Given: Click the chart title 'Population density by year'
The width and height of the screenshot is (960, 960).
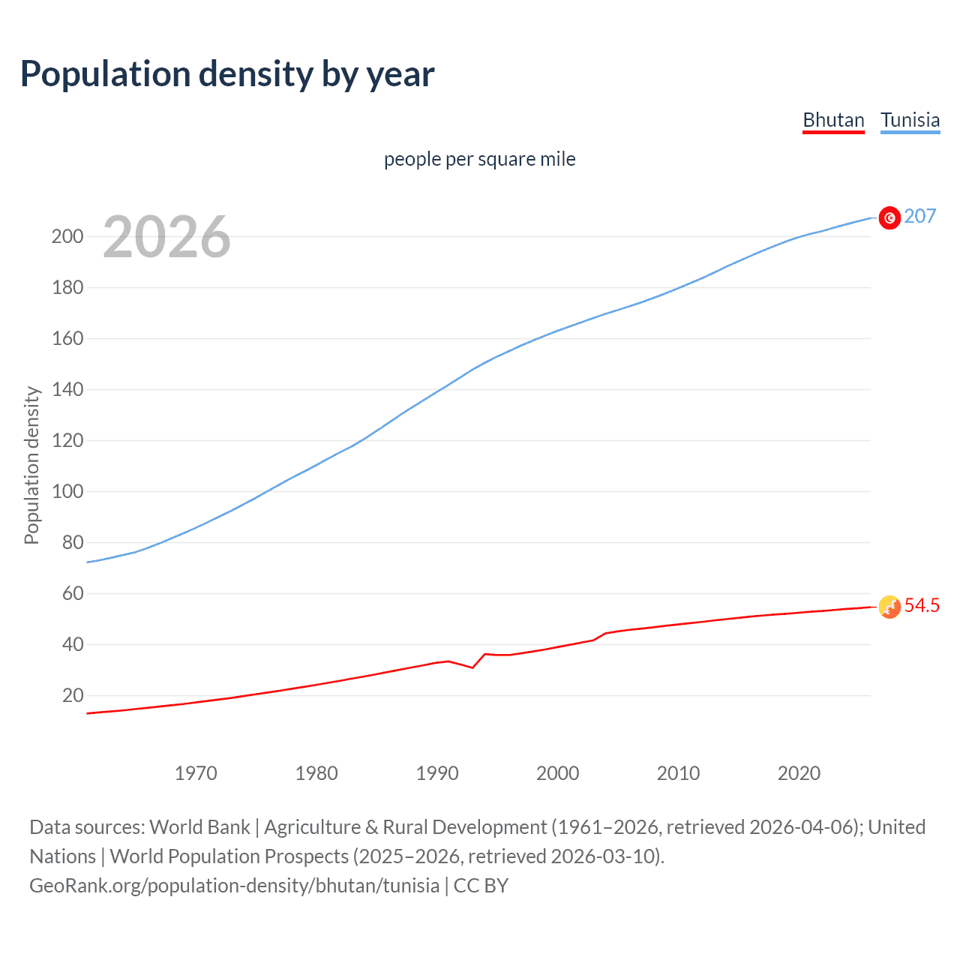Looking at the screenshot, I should pyautogui.click(x=227, y=74).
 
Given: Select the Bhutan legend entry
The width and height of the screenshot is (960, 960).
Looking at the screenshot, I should pyautogui.click(x=833, y=120).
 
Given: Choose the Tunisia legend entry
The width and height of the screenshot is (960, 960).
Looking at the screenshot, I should pyautogui.click(x=910, y=120).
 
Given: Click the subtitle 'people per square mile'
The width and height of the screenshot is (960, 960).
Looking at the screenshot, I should pyautogui.click(x=479, y=159).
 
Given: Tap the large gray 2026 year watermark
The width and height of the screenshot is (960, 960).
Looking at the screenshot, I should pyautogui.click(x=166, y=237).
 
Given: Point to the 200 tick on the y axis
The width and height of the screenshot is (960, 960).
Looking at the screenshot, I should pyautogui.click(x=67, y=236).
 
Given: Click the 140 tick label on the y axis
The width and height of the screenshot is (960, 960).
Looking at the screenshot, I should pyautogui.click(x=67, y=389).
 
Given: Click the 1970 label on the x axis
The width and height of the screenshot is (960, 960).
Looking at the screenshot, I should pyautogui.click(x=196, y=773).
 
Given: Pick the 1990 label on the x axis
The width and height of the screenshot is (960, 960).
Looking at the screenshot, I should pyautogui.click(x=437, y=773).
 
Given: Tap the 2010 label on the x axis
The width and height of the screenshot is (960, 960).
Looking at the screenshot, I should pyautogui.click(x=678, y=773).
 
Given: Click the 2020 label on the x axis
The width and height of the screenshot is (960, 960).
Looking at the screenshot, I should pyautogui.click(x=799, y=773).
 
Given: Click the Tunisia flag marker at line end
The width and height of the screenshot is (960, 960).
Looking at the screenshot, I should pyautogui.click(x=889, y=217).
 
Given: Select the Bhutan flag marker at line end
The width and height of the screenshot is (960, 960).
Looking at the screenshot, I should pyautogui.click(x=889, y=607).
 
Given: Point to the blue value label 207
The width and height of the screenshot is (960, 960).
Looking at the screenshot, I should pyautogui.click(x=920, y=216).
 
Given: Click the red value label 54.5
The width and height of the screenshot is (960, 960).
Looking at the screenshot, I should pyautogui.click(x=922, y=605).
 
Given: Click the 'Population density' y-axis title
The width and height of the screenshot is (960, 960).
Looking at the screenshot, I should pyautogui.click(x=31, y=465).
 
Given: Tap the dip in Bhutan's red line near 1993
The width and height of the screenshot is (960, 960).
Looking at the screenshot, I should pyautogui.click(x=472, y=667).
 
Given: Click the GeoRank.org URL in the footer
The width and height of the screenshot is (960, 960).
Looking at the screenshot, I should pyautogui.click(x=234, y=886).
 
